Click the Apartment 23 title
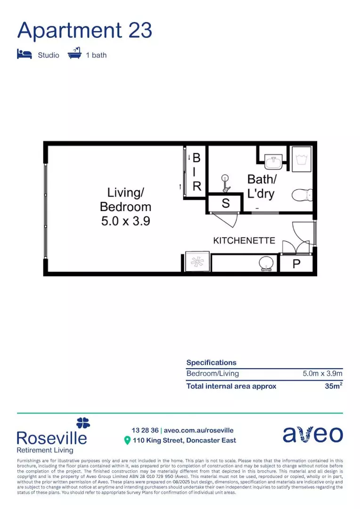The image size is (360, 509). pos(85,30)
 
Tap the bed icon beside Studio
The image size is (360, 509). pos(24,54)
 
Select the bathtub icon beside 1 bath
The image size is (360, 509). pos(74,54)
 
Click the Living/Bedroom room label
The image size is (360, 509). pos(126,199)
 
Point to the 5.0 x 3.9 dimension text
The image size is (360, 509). pos(126,221)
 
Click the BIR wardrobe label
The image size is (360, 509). pos(196,172)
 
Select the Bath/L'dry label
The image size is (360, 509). pos(262,186)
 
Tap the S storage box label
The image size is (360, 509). pos(226,204)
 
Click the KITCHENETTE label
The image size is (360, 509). pos(244,240)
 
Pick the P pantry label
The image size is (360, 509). pos(296,264)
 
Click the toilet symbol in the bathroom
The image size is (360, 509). pos(302,194)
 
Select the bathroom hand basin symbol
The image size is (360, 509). pos(273,163)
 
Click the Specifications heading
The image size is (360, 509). pos(211,362)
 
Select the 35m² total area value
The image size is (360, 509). pos(333,386)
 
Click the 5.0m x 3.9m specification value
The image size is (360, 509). pos(322,374)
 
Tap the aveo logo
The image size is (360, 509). pos(312,434)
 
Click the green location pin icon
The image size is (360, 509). pos(127,441)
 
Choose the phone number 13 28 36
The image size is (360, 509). pos(145,430)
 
